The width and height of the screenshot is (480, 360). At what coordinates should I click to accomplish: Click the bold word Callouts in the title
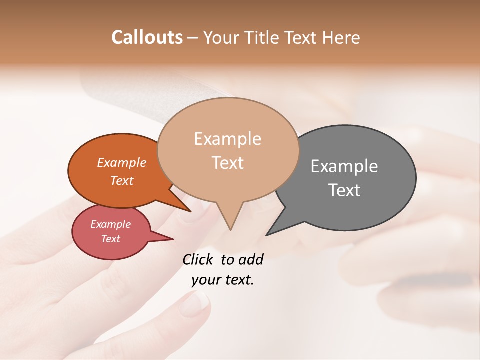(x=147, y=37)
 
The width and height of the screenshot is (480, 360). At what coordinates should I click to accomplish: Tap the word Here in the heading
(x=340, y=37)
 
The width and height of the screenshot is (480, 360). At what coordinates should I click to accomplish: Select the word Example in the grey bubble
(x=344, y=166)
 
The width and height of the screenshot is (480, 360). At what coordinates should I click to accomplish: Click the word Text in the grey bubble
(x=344, y=190)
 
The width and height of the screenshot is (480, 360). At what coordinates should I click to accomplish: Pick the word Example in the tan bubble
(x=227, y=139)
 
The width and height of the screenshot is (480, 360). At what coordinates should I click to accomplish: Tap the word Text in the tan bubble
(x=228, y=163)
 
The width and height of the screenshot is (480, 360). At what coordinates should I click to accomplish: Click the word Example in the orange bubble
(x=121, y=163)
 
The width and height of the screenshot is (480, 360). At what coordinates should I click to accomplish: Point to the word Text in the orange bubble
(x=121, y=181)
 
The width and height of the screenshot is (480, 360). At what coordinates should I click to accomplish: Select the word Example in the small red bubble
(x=110, y=224)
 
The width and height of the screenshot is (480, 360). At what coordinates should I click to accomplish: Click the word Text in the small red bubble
(x=110, y=239)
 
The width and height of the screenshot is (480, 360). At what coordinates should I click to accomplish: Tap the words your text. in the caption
(x=223, y=280)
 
